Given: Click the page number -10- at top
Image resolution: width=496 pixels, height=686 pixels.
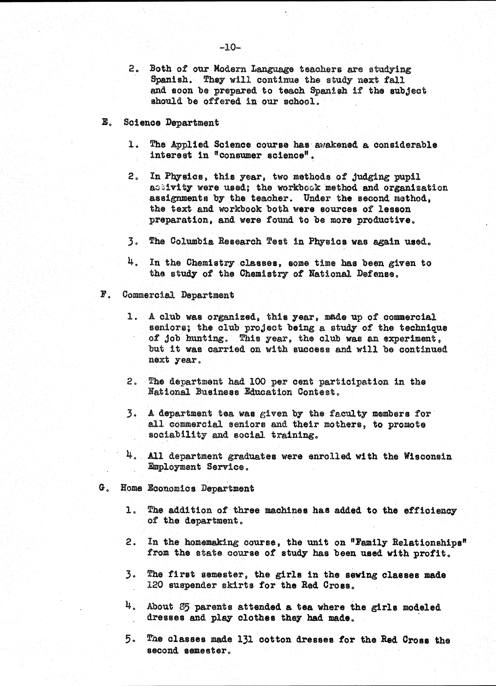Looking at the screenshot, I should [x=230, y=47].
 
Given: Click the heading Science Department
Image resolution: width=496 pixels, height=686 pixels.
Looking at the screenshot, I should [x=171, y=123].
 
